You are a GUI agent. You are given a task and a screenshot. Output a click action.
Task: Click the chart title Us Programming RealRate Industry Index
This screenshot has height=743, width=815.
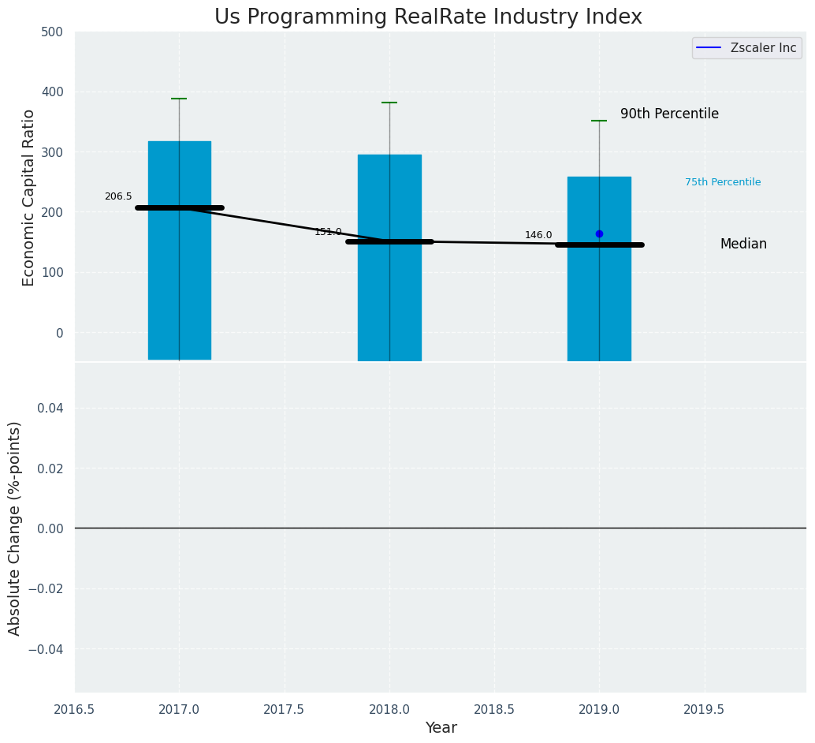click(428, 17)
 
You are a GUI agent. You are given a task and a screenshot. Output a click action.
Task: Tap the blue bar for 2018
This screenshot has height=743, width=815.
click(389, 300)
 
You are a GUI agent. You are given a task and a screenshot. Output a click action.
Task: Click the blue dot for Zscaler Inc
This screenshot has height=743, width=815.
click(599, 233)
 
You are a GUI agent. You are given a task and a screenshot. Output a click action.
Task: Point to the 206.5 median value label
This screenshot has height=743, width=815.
click(118, 196)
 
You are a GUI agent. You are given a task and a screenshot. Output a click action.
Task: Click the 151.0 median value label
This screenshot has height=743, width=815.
click(328, 232)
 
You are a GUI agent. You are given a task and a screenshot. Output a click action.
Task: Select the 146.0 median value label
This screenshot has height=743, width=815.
click(538, 235)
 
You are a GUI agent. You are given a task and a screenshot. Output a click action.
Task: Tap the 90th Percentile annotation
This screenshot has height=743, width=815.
click(669, 114)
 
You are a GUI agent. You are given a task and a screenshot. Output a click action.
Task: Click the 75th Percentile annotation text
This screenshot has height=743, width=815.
click(723, 182)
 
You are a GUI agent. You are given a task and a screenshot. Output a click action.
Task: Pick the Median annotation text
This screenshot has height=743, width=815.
click(743, 245)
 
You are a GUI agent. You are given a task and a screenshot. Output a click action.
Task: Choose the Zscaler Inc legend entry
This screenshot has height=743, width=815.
click(763, 48)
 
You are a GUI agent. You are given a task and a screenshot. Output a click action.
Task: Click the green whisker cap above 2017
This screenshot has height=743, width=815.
click(179, 99)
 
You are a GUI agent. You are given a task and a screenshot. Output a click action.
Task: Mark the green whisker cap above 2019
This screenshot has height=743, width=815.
click(599, 121)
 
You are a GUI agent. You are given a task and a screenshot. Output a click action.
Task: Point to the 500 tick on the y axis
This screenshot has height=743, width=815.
click(53, 32)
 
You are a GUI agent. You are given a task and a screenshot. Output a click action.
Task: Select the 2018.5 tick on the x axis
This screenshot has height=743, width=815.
click(494, 710)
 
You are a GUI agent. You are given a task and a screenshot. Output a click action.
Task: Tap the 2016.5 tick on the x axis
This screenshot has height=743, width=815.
click(75, 710)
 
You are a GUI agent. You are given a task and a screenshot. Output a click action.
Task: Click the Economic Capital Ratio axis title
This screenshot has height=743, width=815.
click(29, 197)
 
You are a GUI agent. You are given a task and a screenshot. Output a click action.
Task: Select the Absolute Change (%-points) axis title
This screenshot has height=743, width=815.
click(15, 528)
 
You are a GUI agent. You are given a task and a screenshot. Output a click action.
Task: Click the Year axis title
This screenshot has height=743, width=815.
click(441, 728)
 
